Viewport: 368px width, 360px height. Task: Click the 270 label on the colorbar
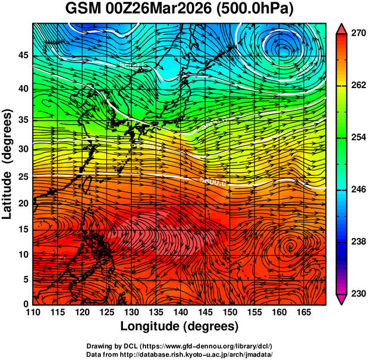click(x=357, y=34)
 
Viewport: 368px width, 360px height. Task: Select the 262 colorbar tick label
click(x=357, y=86)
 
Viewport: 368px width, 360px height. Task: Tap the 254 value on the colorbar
click(x=357, y=137)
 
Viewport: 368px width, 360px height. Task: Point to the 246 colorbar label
click(x=357, y=189)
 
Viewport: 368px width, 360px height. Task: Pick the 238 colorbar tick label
click(x=357, y=242)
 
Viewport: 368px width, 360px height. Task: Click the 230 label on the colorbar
click(x=357, y=293)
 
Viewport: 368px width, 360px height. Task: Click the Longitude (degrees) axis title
click(x=180, y=326)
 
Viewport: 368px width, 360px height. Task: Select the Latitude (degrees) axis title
click(x=8, y=164)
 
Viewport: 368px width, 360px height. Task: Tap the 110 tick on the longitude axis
click(x=33, y=312)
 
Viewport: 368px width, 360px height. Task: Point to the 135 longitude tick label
click(x=156, y=312)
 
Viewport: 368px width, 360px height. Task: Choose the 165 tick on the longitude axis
click(x=303, y=312)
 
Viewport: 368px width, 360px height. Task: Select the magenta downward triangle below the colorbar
click(x=342, y=299)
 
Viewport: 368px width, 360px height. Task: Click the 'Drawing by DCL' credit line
click(x=180, y=346)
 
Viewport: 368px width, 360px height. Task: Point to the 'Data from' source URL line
click(x=180, y=353)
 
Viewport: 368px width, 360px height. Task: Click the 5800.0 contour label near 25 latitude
click(x=215, y=181)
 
